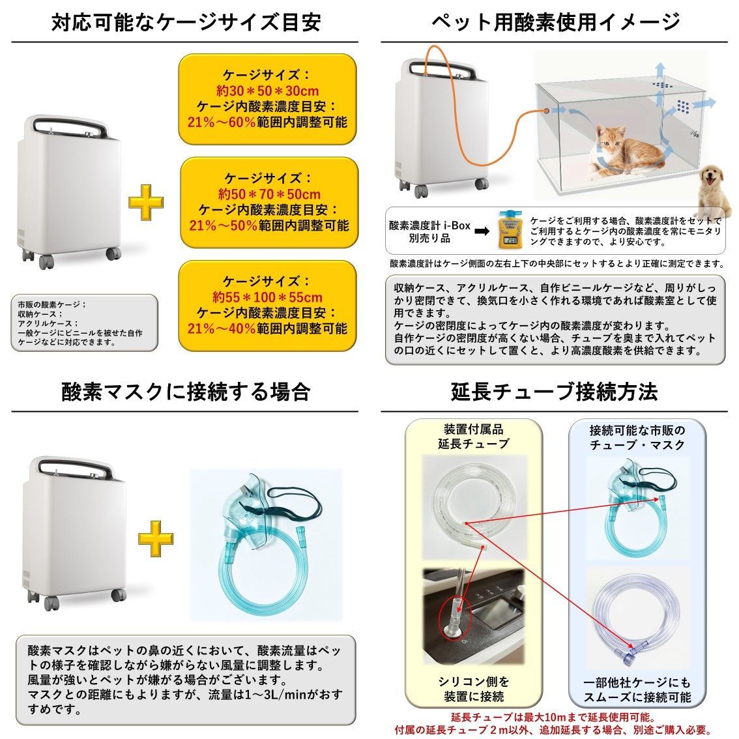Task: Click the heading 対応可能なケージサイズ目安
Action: tap(186, 22)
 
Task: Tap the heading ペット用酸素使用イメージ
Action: tap(556, 22)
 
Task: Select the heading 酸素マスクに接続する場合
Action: tap(186, 391)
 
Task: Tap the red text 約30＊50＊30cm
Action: tap(268, 91)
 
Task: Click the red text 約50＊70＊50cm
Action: tap(269, 194)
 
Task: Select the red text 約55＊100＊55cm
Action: tap(269, 297)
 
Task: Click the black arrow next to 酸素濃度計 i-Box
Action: tap(482, 231)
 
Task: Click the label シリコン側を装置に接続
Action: tap(472, 689)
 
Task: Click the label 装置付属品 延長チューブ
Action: tap(473, 437)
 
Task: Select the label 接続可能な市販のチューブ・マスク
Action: tap(637, 437)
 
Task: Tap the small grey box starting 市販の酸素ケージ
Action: tap(79, 323)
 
